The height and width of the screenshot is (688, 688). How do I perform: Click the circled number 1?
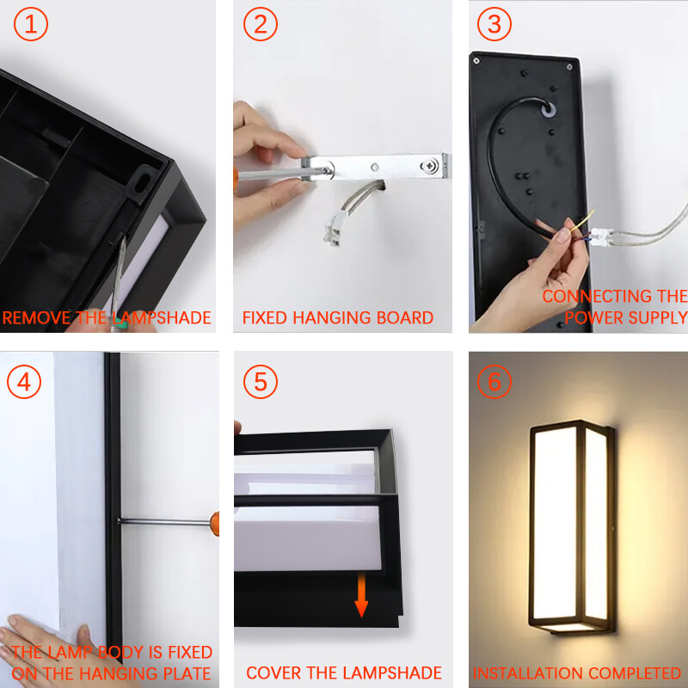pyautogui.click(x=31, y=24)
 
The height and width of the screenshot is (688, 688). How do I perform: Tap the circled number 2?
pyautogui.click(x=261, y=24)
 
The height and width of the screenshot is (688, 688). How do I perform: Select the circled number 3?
pyautogui.click(x=494, y=24)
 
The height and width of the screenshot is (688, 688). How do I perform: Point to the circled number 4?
pyautogui.click(x=24, y=382)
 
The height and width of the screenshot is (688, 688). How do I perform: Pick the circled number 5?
pyautogui.click(x=261, y=382)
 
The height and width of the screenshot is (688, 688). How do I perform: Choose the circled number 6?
pyautogui.click(x=494, y=382)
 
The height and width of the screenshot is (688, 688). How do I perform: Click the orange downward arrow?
pyautogui.click(x=361, y=594)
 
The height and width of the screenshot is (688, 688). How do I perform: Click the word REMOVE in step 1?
pyautogui.click(x=37, y=317)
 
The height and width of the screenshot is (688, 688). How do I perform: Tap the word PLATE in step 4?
pyautogui.click(x=187, y=673)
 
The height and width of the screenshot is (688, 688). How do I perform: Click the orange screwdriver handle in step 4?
pyautogui.click(x=214, y=524)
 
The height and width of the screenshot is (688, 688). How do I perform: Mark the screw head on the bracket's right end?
pyautogui.click(x=428, y=166)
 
